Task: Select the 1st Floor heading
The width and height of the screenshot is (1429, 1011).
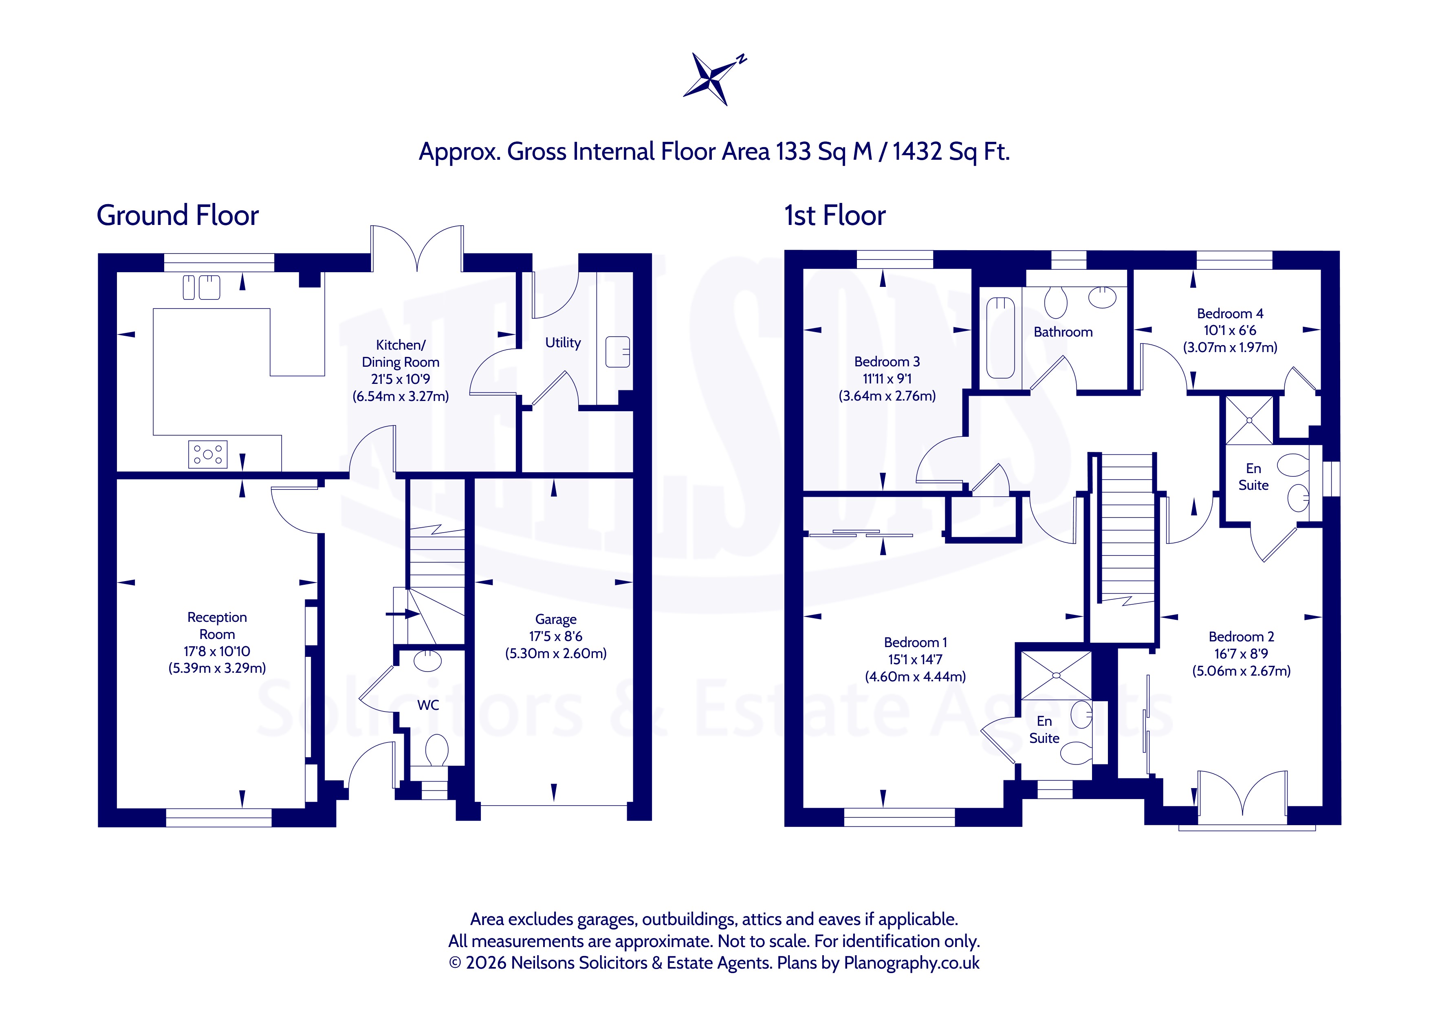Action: pos(835,216)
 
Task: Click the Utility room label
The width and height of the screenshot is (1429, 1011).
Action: pos(563,342)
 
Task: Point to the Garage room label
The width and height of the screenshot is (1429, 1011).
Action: pos(556,619)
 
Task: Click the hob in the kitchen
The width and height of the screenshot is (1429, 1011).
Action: pos(208,454)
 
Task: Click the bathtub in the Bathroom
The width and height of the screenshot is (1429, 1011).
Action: pos(1001,338)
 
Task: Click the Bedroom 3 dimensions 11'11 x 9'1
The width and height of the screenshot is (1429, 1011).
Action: pos(887,379)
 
